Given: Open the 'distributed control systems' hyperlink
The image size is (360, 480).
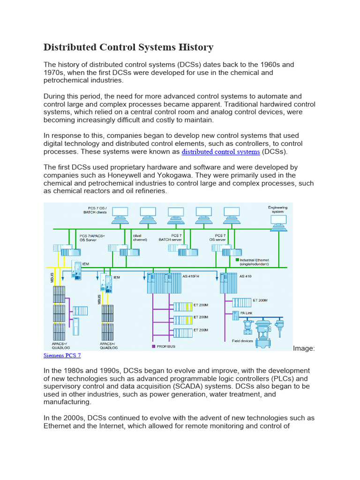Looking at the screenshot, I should [220, 152].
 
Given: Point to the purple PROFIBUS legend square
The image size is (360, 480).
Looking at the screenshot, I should [153, 346].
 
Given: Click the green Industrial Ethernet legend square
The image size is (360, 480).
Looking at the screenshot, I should [238, 259].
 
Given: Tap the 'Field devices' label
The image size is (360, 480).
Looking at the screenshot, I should [242, 341].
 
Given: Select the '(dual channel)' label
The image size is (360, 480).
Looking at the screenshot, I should [140, 238].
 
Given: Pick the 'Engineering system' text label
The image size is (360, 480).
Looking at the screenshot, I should [277, 209].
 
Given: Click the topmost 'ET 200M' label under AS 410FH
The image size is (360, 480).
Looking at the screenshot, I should [201, 305].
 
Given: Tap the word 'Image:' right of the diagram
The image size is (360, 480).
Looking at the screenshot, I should [304, 348].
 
